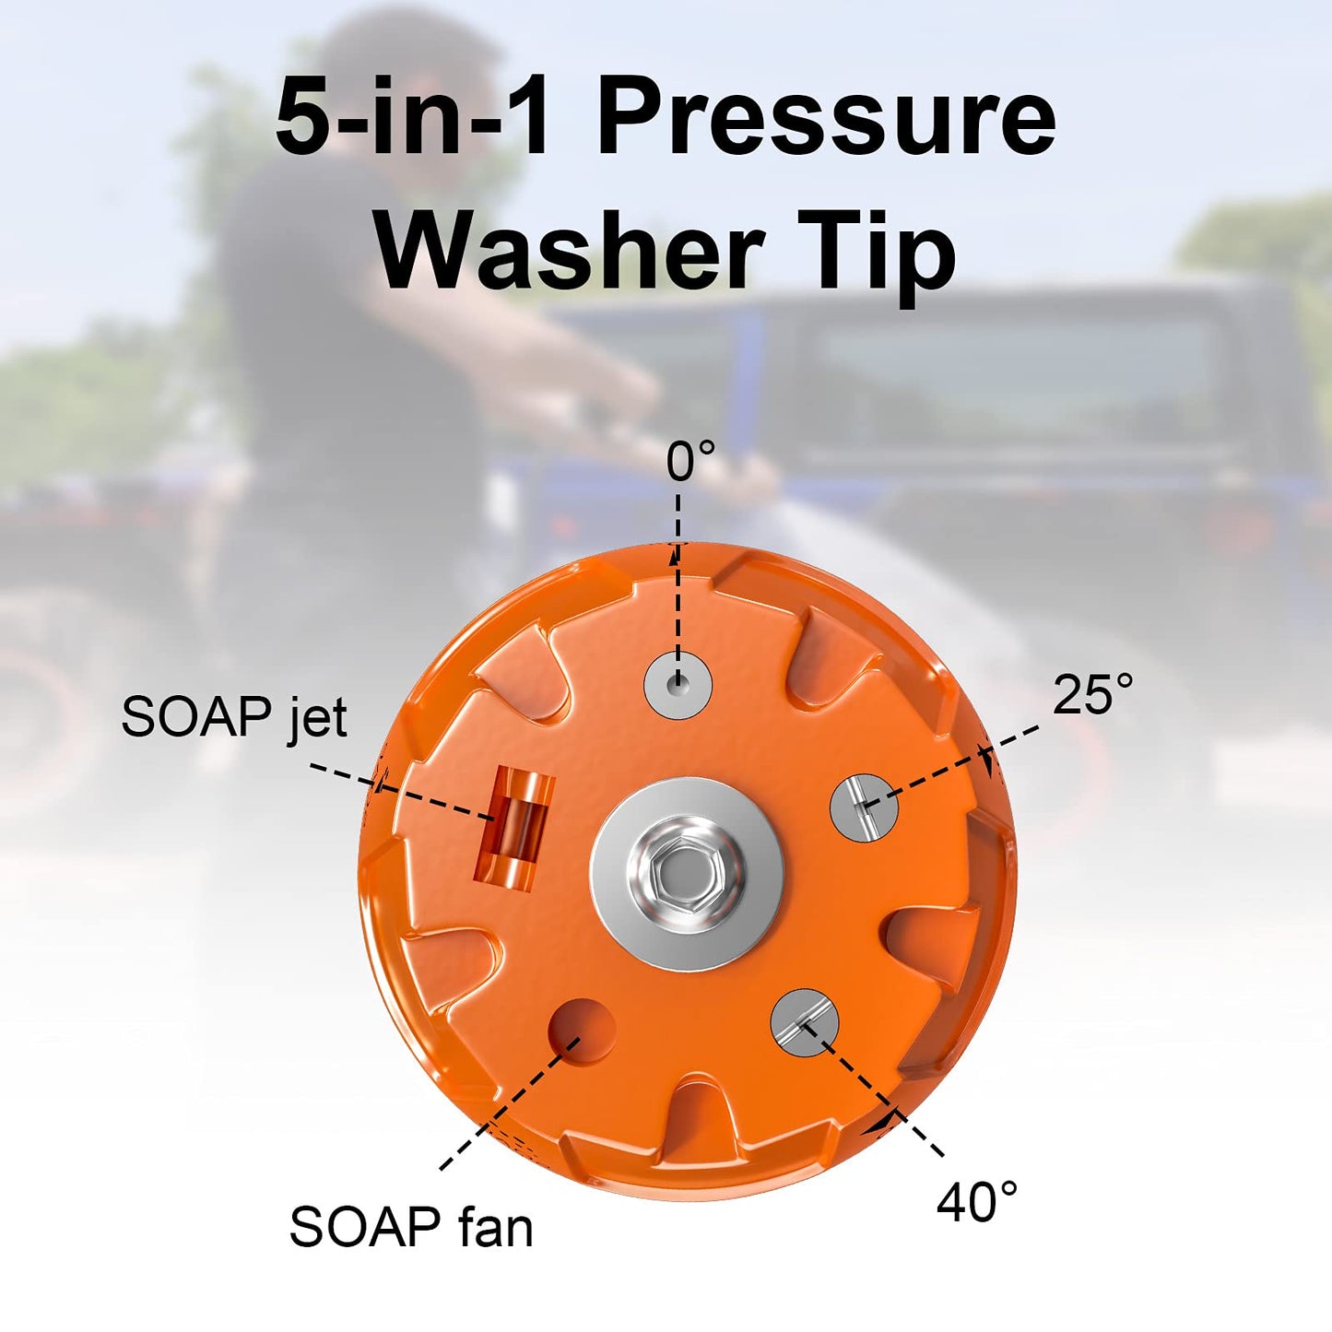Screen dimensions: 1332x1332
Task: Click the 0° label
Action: pos(690,461)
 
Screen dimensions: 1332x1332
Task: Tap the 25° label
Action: pos(1092,694)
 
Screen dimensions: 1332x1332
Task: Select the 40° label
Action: pos(977,1202)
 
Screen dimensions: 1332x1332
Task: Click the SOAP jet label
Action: pos(234,716)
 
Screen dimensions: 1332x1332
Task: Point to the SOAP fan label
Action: pos(411,1227)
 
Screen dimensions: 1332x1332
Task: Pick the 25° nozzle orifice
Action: pos(864,807)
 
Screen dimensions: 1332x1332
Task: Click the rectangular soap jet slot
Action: pos(514,827)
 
